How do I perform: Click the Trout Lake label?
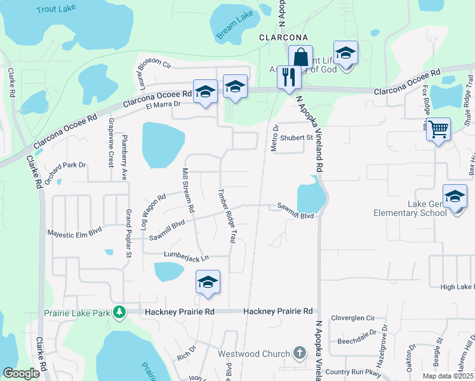tap(55, 10)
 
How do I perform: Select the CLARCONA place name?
tap(283, 37)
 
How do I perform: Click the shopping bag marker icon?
tap(300, 57)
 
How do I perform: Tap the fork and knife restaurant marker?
tap(288, 77)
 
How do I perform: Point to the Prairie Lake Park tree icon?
tap(118, 312)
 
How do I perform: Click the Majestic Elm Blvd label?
tap(74, 234)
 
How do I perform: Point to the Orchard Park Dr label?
tap(64, 166)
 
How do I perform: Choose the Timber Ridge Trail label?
tap(227, 213)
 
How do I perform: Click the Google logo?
tap(22, 373)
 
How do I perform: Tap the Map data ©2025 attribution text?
tap(448, 376)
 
